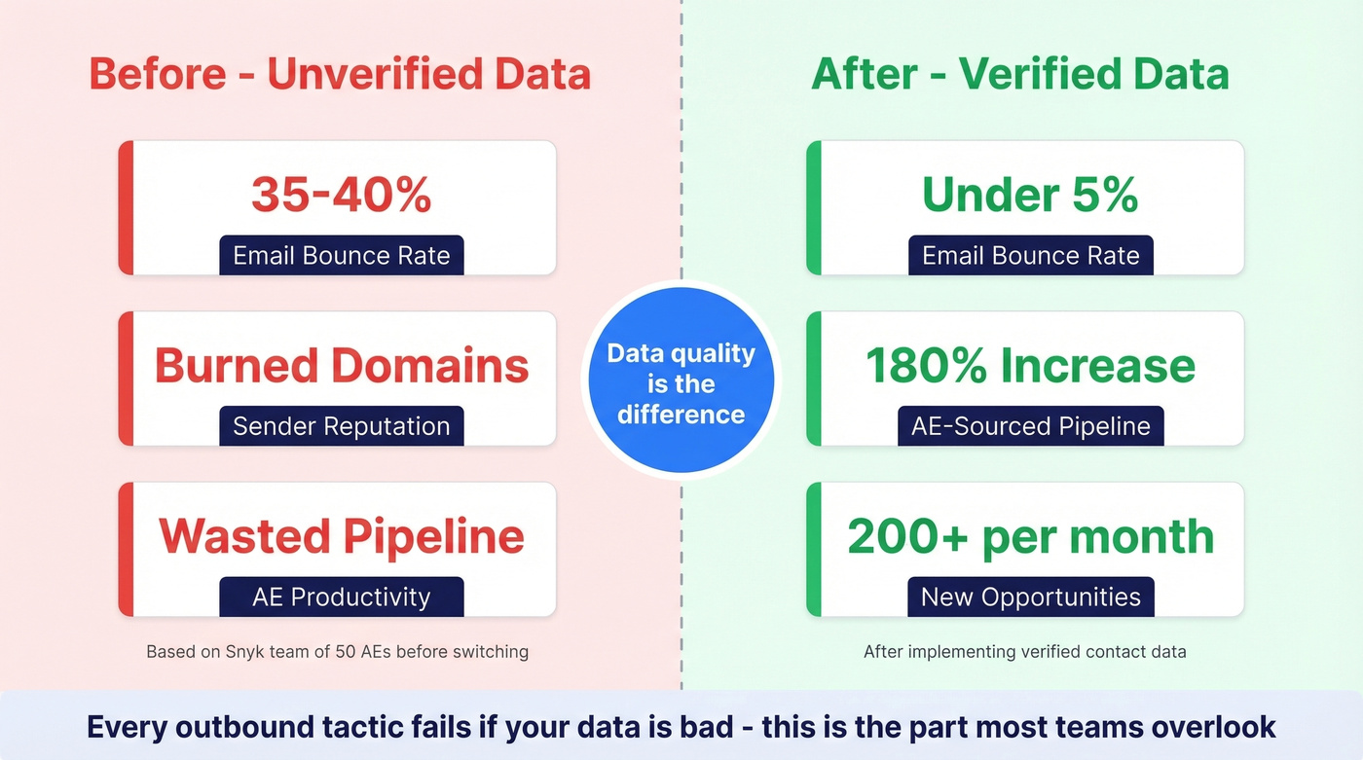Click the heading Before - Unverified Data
[340, 75]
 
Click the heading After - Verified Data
[1020, 75]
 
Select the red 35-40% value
[341, 195]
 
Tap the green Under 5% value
[1030, 195]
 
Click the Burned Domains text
[341, 366]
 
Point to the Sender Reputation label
[341, 426]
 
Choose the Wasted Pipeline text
[341, 536]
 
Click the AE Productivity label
[341, 597]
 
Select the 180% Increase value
[1030, 366]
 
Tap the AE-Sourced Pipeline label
[1030, 426]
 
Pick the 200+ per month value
[1030, 536]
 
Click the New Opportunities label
[1030, 597]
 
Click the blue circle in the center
[681, 382]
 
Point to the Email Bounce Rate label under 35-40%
[341, 256]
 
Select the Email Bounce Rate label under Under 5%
[1030, 256]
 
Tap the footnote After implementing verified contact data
[1024, 652]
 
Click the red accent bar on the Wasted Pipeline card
[126, 549]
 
